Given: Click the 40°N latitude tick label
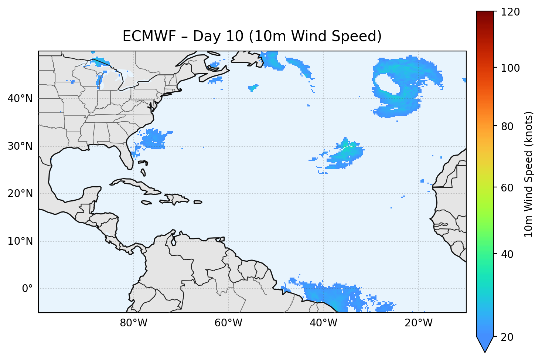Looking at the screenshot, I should click(x=20, y=99).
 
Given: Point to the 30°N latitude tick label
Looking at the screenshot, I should click(x=20, y=146).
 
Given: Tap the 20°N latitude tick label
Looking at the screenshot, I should click(x=20, y=194).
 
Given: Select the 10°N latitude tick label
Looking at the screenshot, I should click(x=20, y=241).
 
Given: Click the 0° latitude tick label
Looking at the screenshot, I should click(x=27, y=289).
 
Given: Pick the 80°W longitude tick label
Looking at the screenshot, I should click(x=133, y=323).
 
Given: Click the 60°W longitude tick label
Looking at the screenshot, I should click(x=228, y=323).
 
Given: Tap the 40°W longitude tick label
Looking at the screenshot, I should click(x=324, y=323).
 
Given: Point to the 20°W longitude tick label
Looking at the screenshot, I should click(x=419, y=323).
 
